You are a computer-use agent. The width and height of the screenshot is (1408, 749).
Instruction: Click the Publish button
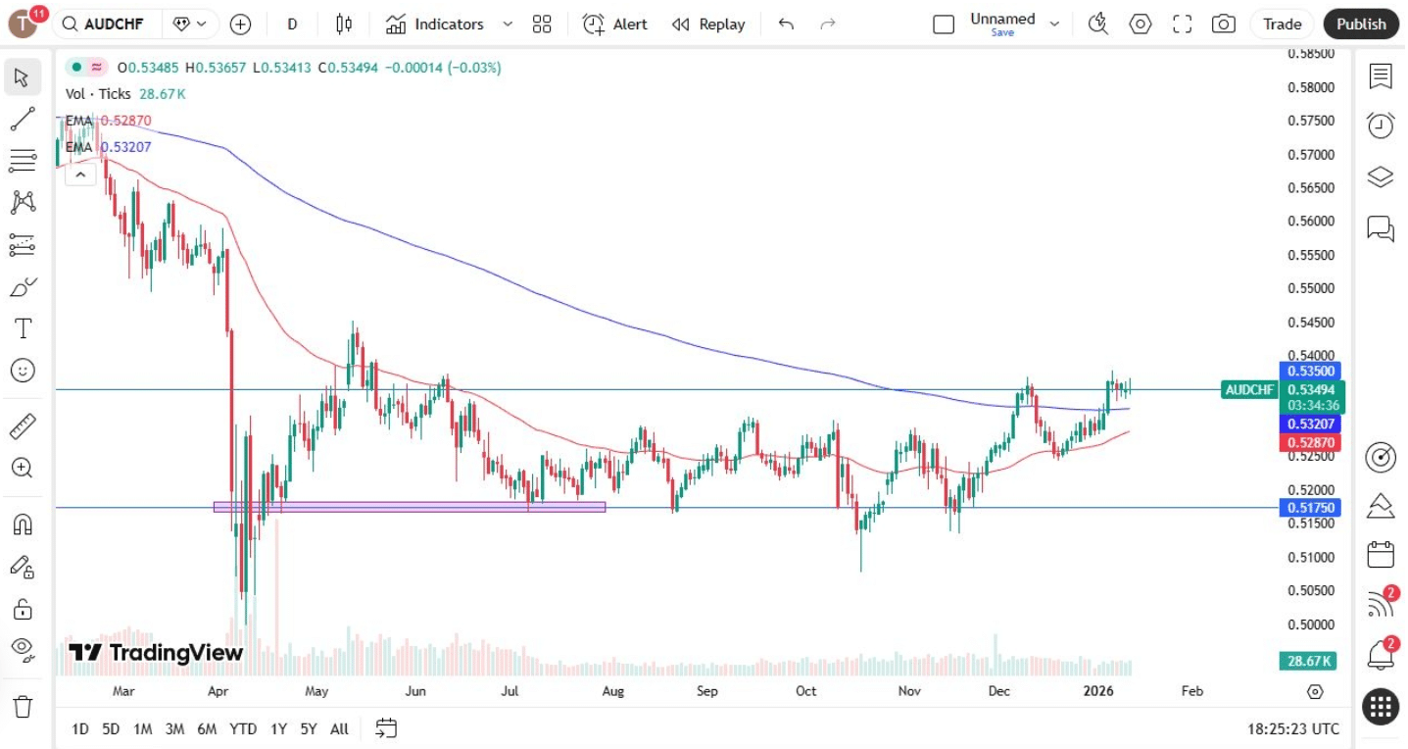[1361, 25]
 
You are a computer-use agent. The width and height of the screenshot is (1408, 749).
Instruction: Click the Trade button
[1282, 25]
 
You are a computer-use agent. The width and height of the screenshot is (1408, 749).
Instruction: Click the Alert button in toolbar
[615, 25]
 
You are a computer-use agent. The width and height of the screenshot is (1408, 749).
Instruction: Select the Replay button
[708, 25]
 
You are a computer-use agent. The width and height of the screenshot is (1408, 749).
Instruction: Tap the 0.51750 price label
[1309, 508]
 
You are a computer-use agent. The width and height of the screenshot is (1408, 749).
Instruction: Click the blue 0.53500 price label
[1309, 371]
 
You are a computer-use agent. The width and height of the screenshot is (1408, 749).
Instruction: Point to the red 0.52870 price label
[1309, 443]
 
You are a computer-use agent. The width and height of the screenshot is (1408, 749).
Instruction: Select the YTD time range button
[243, 728]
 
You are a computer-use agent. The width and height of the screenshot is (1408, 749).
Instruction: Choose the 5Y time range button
[309, 728]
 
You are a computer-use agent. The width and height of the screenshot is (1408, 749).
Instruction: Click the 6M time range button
[207, 728]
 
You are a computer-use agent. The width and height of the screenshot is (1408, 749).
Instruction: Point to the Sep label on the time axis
[706, 691]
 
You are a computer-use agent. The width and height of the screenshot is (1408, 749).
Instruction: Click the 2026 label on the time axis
[1098, 691]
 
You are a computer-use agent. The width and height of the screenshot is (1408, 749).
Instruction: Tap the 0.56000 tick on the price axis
[1310, 222]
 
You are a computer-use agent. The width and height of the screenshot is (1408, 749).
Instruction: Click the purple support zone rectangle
[409, 507]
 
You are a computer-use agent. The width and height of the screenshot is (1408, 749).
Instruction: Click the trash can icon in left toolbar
[23, 706]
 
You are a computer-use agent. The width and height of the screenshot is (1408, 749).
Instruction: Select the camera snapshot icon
[1223, 25]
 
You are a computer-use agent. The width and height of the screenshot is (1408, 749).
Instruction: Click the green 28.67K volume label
[1307, 662]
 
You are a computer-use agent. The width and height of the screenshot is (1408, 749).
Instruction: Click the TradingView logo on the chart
[156, 653]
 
